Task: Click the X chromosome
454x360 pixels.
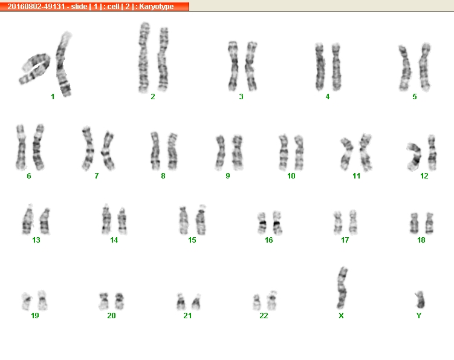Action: click(342, 288)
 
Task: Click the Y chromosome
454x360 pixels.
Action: click(420, 299)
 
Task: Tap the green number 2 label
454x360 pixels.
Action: click(153, 97)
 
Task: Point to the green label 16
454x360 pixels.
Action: click(268, 240)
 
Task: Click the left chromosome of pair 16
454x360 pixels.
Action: click(262, 223)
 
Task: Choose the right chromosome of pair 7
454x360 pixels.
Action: click(108, 151)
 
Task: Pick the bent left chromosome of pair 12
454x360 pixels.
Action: click(415, 156)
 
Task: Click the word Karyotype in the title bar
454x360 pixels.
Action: click(157, 7)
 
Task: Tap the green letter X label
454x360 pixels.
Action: click(341, 316)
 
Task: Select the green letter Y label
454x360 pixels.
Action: click(419, 316)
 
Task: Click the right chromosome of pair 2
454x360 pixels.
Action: click(163, 59)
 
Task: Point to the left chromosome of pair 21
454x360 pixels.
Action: click(181, 302)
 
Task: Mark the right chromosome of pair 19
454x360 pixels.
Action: click(42, 300)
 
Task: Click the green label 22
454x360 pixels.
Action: click(264, 316)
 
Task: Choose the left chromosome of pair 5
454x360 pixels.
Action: click(405, 68)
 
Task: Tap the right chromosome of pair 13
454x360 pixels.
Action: click(45, 221)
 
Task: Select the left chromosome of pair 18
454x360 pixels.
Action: click(414, 223)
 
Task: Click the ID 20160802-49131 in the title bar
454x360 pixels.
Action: click(36, 7)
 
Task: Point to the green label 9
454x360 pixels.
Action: click(228, 176)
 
